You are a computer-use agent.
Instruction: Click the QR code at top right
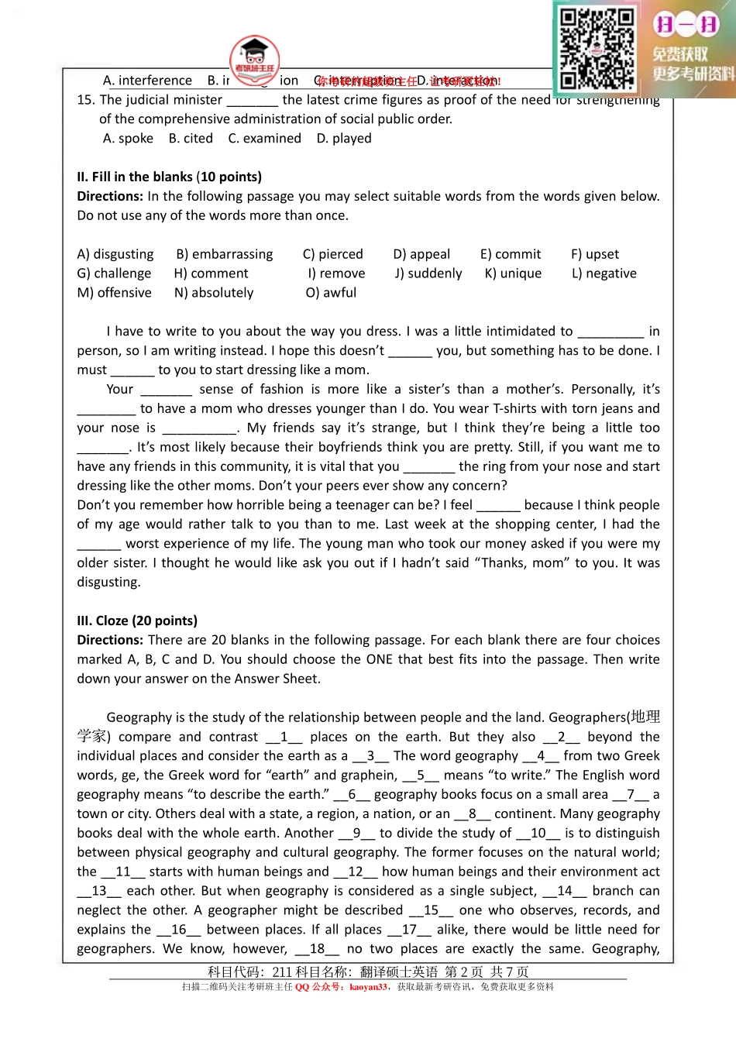[597, 48]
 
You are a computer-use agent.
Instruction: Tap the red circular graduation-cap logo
[254, 58]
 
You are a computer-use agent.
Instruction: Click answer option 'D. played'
[344, 139]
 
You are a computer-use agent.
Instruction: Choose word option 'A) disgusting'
[115, 255]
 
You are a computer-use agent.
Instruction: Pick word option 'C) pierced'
[332, 255]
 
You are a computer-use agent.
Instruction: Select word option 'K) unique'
[513, 273]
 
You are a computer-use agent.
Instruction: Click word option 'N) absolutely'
[214, 293]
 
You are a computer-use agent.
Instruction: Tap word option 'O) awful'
[331, 293]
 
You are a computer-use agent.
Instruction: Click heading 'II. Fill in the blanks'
[169, 177]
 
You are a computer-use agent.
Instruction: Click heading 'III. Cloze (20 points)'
[137, 621]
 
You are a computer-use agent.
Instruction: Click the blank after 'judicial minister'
[252, 101]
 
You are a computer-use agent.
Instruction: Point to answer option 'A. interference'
[147, 81]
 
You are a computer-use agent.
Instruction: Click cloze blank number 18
[317, 949]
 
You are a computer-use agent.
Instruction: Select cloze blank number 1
[284, 738]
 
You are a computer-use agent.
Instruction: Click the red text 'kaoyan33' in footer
[367, 987]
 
